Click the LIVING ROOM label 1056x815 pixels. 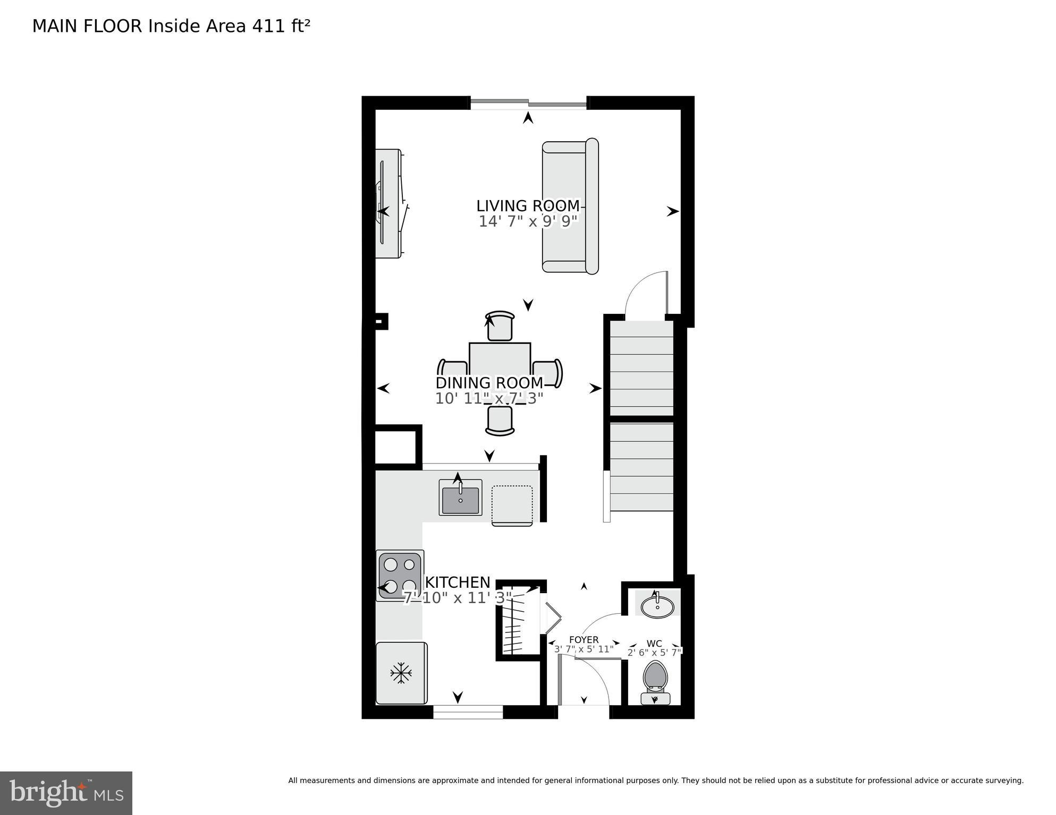[527, 206]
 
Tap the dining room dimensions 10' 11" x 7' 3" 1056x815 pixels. [489, 398]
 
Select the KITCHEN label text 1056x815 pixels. [458, 582]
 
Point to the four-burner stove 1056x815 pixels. [400, 576]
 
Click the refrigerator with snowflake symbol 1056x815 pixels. [401, 673]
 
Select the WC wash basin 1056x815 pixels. [658, 606]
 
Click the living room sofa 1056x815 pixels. [570, 206]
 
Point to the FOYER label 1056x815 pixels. [584, 640]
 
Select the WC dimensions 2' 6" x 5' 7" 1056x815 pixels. [654, 653]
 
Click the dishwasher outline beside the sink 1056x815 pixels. [512, 505]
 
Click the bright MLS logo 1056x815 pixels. [66, 793]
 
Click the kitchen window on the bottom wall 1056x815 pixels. [468, 712]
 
